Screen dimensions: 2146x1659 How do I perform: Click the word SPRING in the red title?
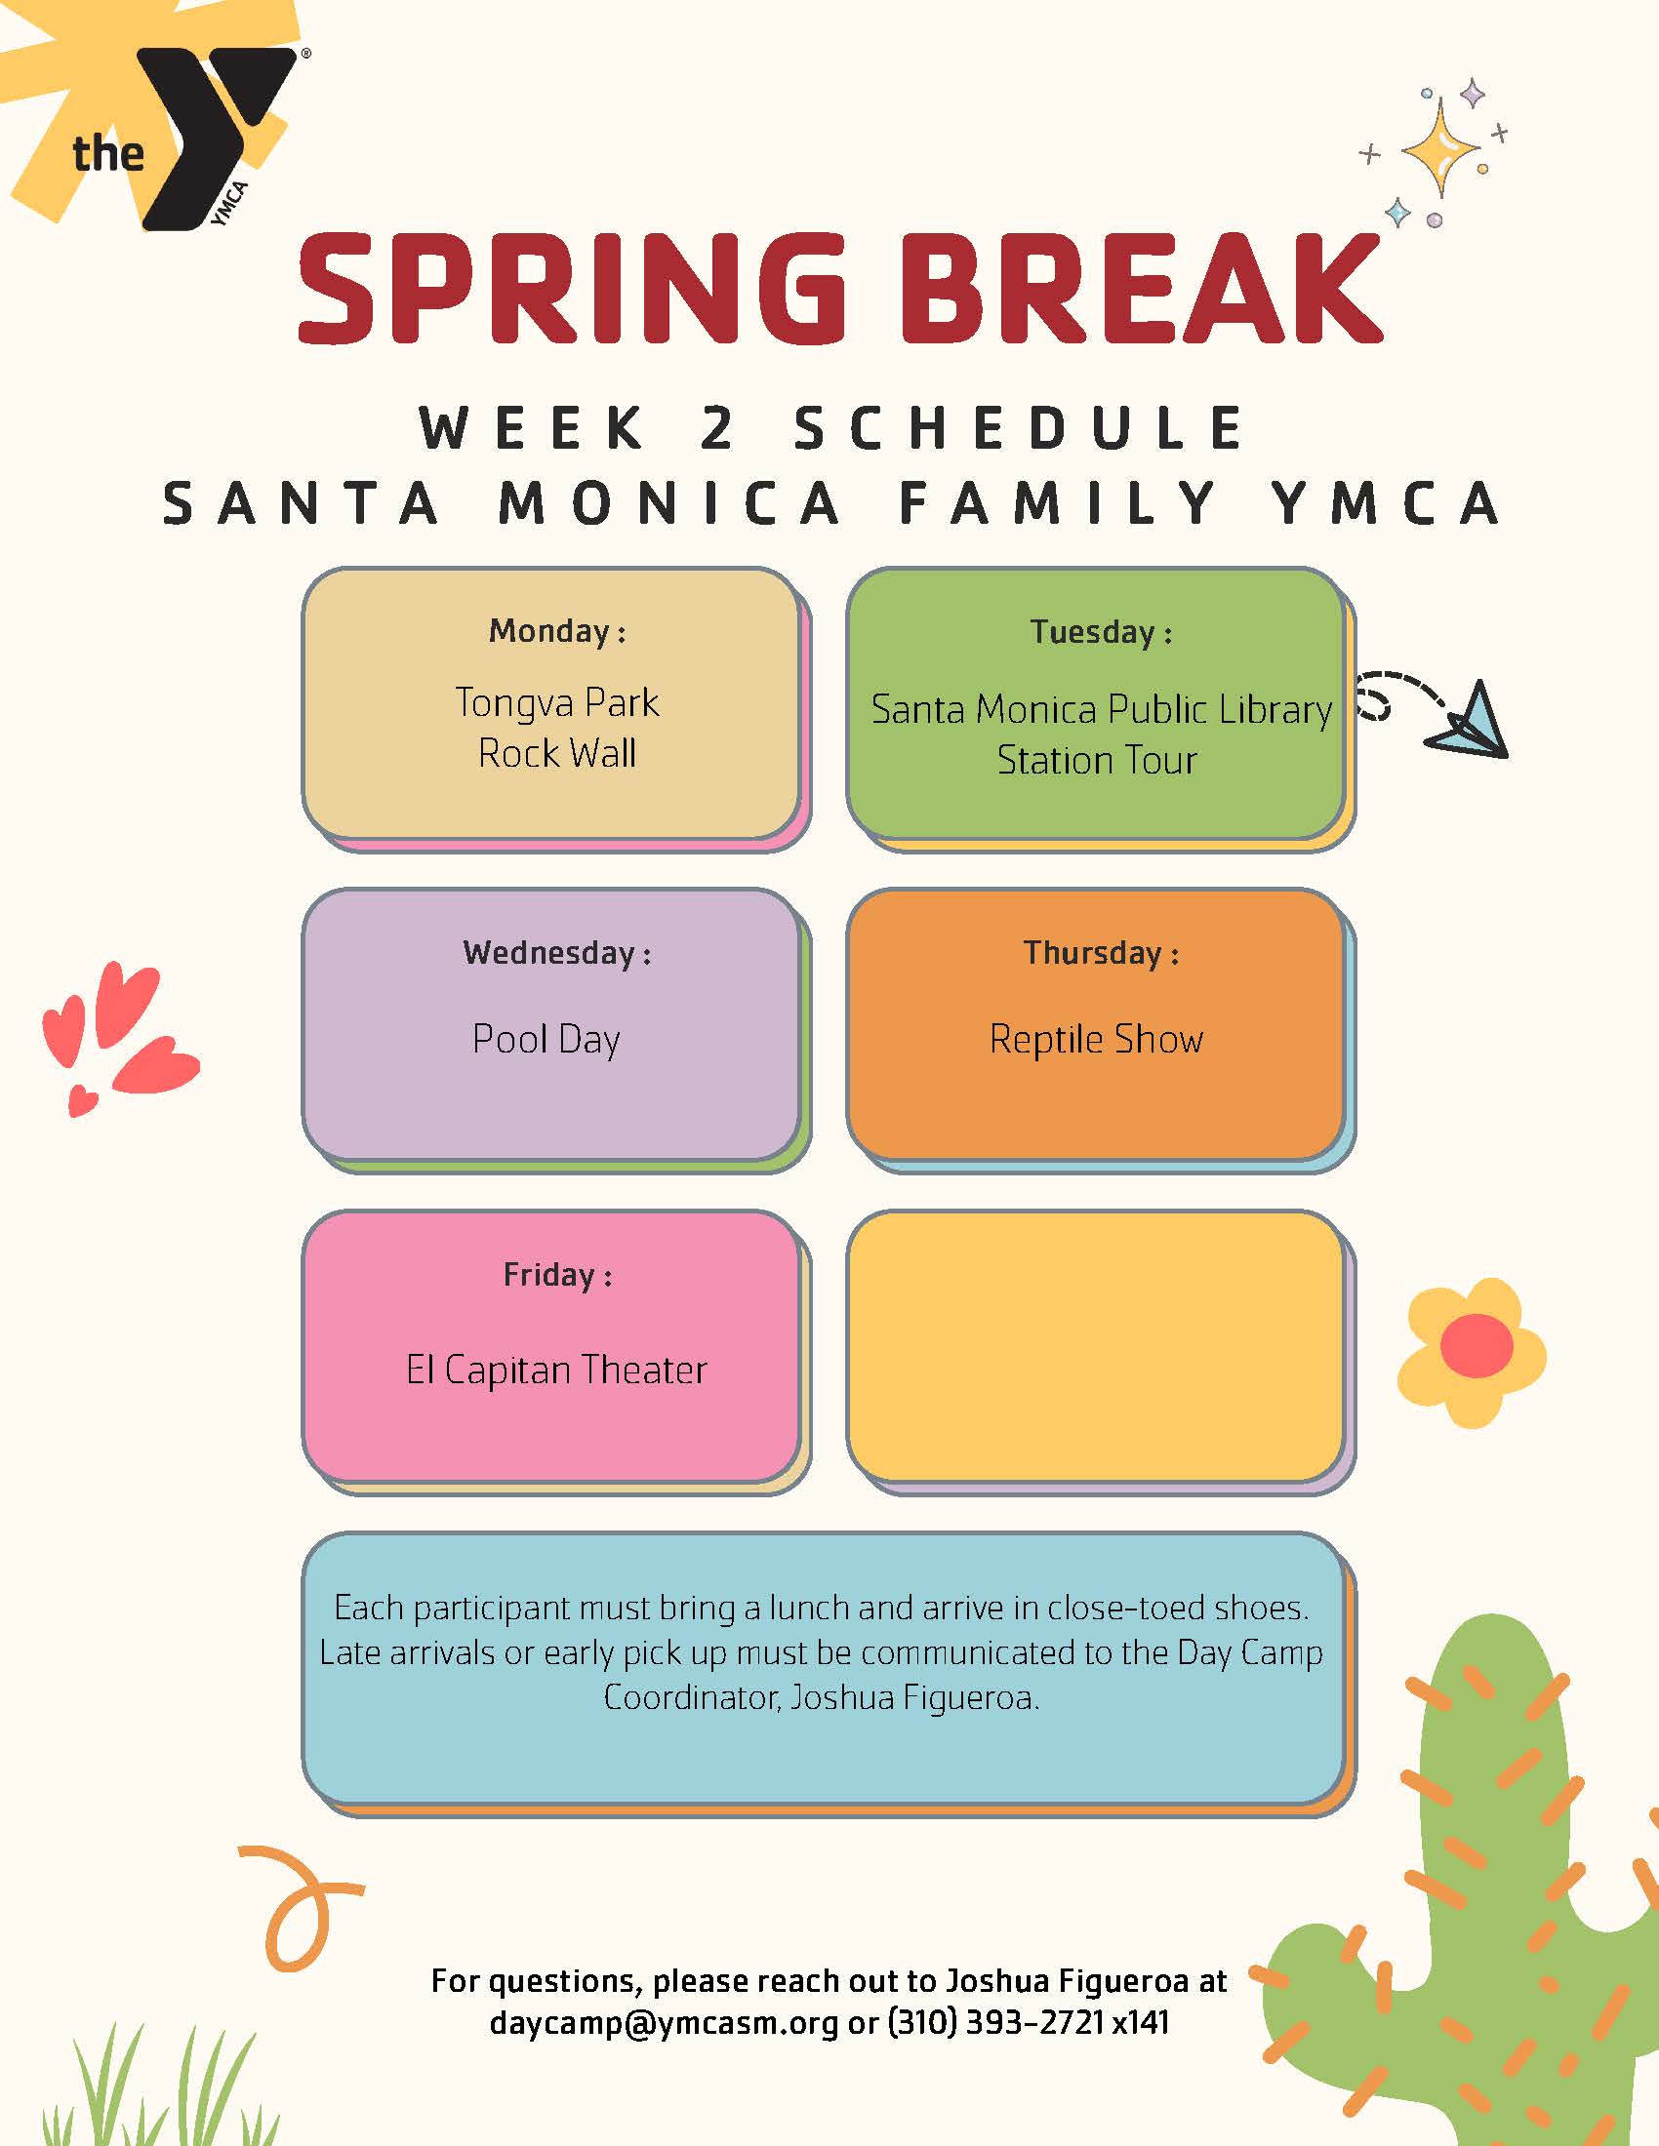[571, 289]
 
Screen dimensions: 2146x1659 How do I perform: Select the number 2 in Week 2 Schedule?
[718, 428]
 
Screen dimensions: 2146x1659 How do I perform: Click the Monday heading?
[556, 631]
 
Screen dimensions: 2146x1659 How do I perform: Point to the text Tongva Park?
[556, 702]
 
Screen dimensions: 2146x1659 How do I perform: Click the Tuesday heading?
[1100, 632]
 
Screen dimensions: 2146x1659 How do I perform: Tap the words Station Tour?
[1097, 761]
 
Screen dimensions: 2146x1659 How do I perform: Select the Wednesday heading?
[556, 952]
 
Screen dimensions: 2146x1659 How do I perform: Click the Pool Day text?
[546, 1040]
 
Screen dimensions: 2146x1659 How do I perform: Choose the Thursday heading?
[1100, 952]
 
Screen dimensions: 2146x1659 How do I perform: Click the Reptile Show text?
[1096, 1040]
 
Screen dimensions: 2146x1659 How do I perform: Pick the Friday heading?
[556, 1275]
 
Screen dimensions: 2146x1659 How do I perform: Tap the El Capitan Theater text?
[556, 1370]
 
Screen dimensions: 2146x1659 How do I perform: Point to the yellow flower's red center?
[1477, 1345]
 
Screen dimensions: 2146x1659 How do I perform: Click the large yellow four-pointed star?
[1439, 149]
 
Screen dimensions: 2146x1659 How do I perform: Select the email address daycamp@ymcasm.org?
[664, 2022]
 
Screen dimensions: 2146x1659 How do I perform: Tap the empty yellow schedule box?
[1096, 1346]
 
